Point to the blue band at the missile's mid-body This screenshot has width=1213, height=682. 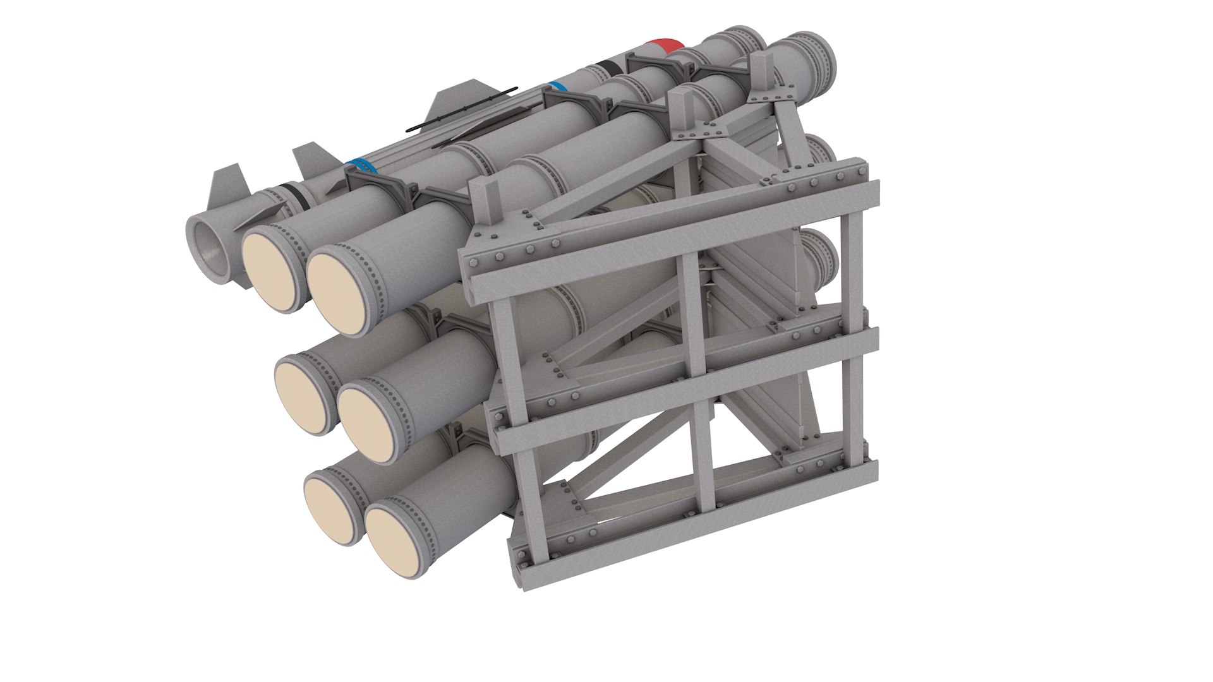click(x=555, y=87)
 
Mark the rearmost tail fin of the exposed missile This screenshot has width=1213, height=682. click(x=227, y=183)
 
